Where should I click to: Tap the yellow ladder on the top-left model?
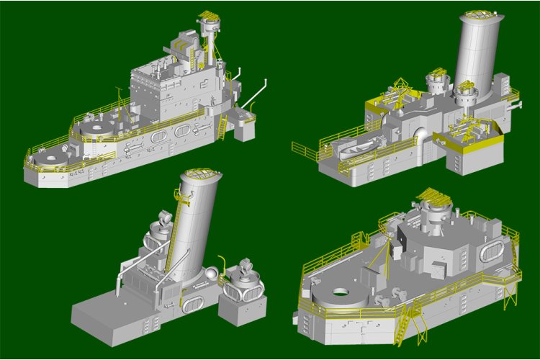pos(222,128)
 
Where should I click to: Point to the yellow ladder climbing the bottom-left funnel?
pos(174,230)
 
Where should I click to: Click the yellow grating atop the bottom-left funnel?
pos(199,174)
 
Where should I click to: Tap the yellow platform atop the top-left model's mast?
pos(209,16)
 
